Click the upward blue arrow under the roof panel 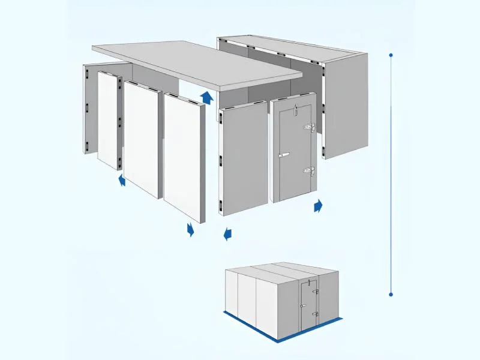click(x=206, y=98)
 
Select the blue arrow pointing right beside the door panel click(x=318, y=206)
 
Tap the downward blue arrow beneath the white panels click(x=191, y=230)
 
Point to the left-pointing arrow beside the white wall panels click(x=122, y=180)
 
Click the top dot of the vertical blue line click(x=391, y=55)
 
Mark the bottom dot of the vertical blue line click(x=391, y=294)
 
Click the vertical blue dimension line click(x=391, y=174)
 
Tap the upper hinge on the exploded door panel click(x=310, y=127)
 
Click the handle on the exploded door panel click(x=284, y=155)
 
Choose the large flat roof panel click(x=198, y=63)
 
